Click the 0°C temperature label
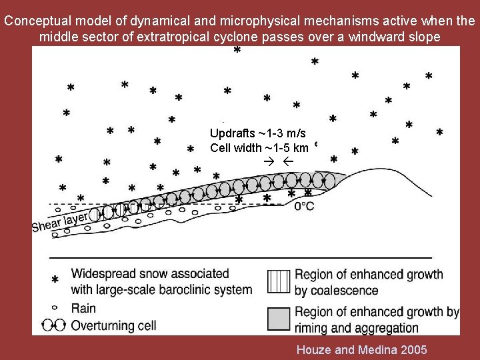pyautogui.click(x=304, y=206)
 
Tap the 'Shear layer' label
pyautogui.click(x=60, y=222)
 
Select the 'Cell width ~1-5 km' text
pyautogui.click(x=259, y=147)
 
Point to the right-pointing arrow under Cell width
pyautogui.click(x=268, y=162)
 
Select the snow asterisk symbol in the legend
pyautogui.click(x=55, y=280)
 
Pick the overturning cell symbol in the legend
pyautogui.click(x=53, y=325)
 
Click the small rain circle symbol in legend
pyautogui.click(x=55, y=308)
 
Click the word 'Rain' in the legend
pyautogui.click(x=83, y=308)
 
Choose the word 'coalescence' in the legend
pyautogui.click(x=336, y=291)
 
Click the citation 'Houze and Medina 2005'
pyautogui.click(x=362, y=350)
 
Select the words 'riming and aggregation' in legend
pyautogui.click(x=357, y=327)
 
